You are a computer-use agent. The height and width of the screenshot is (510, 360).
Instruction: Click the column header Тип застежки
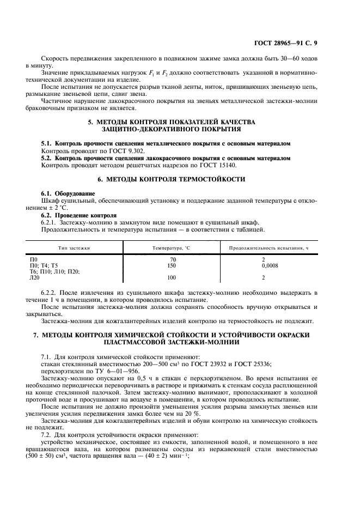coord(75,248)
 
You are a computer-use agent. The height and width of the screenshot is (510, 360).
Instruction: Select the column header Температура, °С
coord(173,248)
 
